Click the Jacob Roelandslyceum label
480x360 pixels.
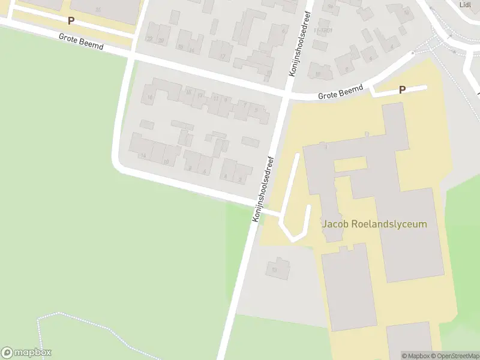(374, 224)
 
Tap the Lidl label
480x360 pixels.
(465, 4)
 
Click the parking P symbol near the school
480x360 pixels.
(403, 90)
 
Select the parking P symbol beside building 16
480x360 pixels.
(71, 20)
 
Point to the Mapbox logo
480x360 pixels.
(26, 352)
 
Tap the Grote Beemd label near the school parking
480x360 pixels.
(341, 92)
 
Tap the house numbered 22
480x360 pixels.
(149, 39)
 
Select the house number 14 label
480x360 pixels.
(143, 155)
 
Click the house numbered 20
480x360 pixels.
(161, 40)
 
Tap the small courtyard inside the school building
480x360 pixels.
(350, 164)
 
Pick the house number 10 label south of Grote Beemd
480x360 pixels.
(166, 161)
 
